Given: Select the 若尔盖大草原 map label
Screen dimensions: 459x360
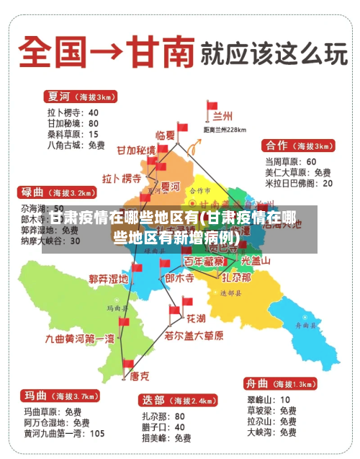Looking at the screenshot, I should [x=194, y=335].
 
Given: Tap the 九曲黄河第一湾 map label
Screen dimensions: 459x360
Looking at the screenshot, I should [x=80, y=338].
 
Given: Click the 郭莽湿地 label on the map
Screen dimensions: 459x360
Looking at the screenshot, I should [x=108, y=278].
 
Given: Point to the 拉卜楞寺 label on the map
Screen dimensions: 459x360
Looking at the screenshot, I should [x=122, y=178].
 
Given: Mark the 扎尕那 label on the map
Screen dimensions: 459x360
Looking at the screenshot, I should [x=236, y=277].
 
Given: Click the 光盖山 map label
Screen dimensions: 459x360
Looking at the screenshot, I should [x=256, y=261].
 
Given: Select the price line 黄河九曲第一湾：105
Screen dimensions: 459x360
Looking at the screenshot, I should [x=64, y=434].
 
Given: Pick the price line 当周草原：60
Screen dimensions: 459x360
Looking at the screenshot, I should [x=291, y=161].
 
